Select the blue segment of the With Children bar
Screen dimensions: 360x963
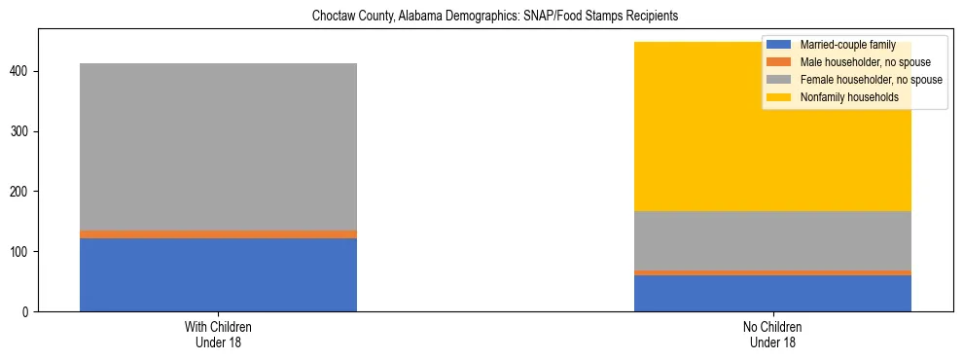[x=218, y=274]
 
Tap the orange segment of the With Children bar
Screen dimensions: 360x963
[x=218, y=234]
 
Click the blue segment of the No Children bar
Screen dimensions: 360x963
[x=772, y=293]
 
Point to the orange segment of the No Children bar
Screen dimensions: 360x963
[x=772, y=272]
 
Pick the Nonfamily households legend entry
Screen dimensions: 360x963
[x=842, y=97]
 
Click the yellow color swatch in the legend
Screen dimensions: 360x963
[x=779, y=97]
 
